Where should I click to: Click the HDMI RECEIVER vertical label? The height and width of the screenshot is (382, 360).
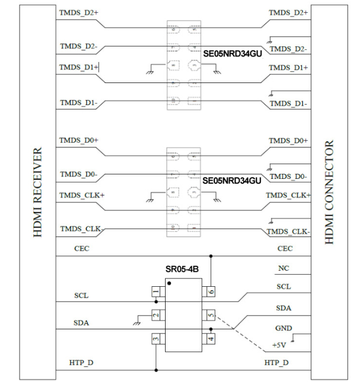tap(38, 192)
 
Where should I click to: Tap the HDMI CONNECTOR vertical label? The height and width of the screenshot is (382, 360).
tap(329, 192)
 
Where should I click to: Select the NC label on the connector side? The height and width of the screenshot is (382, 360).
tap(283, 269)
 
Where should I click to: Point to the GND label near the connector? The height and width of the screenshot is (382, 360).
tap(284, 328)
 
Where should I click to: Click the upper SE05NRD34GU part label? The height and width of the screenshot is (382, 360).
tap(232, 54)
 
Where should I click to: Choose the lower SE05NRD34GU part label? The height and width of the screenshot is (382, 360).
tap(232, 180)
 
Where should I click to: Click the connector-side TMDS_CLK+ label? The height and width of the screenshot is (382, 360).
tap(288, 195)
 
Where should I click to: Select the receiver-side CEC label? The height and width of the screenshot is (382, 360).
tap(81, 249)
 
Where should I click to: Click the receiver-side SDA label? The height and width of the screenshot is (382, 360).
tap(81, 322)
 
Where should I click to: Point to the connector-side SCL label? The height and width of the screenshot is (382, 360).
tap(284, 287)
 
